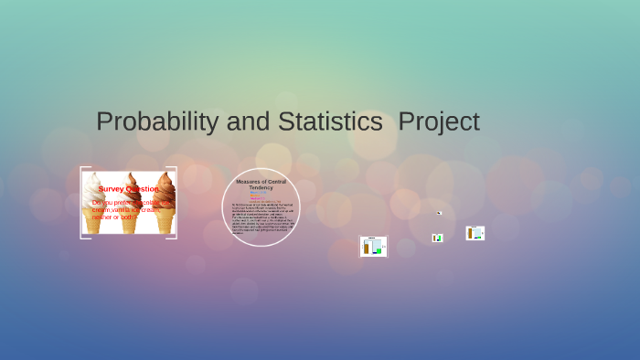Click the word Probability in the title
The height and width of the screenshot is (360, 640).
click(156, 122)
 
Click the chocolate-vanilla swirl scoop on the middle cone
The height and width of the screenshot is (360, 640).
click(130, 183)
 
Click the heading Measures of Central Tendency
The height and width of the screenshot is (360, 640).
click(261, 185)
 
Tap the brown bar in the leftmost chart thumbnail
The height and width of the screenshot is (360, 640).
click(367, 248)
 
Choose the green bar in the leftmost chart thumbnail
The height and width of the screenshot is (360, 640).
click(378, 249)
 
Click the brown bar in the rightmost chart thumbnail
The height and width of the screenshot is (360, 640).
click(471, 234)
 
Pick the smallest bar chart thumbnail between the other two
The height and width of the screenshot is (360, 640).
click(438, 238)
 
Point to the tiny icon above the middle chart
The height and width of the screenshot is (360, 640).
click(439, 213)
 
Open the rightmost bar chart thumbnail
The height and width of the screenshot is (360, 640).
click(475, 233)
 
